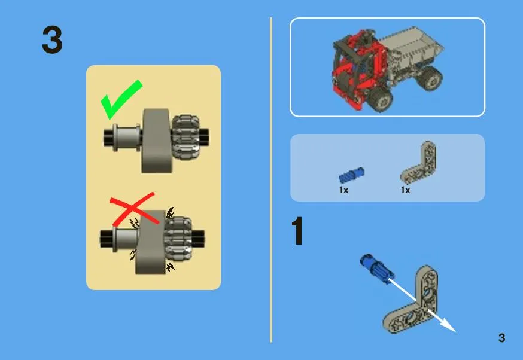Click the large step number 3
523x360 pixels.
[x=53, y=39]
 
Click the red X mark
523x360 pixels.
[x=133, y=209]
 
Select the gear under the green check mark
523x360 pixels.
[x=186, y=137]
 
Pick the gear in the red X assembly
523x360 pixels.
[x=178, y=239]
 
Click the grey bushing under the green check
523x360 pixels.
[x=127, y=138]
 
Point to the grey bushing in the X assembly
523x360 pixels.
[x=126, y=239]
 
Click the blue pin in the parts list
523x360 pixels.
[x=351, y=175]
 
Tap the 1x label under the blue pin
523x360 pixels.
[x=344, y=190]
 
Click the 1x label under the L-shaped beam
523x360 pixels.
[x=405, y=190]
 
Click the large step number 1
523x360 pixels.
[x=297, y=231]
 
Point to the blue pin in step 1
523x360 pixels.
[x=377, y=269]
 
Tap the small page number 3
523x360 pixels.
[x=501, y=338]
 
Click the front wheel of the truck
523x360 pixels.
[x=380, y=99]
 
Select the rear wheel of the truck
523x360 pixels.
[x=430, y=78]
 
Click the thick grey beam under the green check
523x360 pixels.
[x=156, y=141]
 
